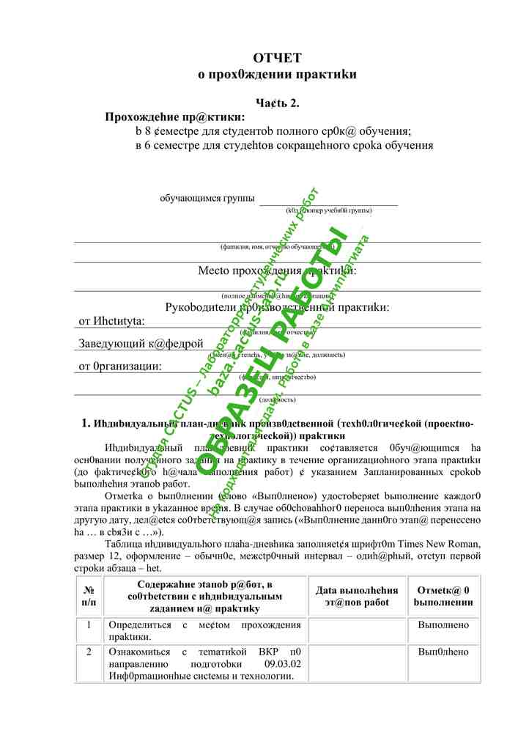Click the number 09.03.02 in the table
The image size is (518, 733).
[x=282, y=663]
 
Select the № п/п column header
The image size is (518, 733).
[x=89, y=595]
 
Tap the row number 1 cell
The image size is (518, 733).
[x=89, y=625]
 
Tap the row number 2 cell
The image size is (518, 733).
[x=89, y=652]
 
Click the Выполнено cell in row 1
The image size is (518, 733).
[x=443, y=625]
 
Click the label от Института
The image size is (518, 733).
[x=111, y=320]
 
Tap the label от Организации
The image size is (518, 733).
[x=120, y=366]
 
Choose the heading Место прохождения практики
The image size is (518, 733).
[x=277, y=270]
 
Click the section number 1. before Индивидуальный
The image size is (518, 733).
[x=86, y=423]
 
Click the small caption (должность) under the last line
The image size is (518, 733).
[x=277, y=399]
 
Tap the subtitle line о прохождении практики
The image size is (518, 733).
[x=277, y=74]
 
